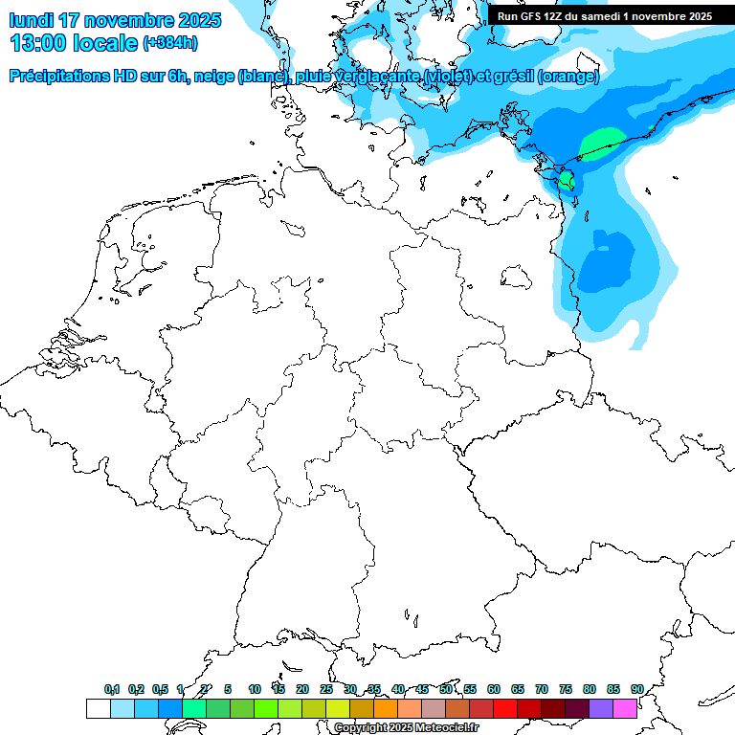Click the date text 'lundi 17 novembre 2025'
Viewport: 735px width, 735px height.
point(115,20)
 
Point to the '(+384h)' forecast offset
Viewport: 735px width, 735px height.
point(170,44)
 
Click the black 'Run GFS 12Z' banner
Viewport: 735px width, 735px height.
point(605,16)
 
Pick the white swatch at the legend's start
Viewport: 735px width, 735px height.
point(98,708)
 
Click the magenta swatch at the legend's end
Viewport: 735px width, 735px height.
point(625,708)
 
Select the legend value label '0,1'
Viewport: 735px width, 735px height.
point(112,690)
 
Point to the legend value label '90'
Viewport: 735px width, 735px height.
point(636,690)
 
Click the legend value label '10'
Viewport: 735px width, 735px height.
point(255,690)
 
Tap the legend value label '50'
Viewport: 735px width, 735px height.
point(446,690)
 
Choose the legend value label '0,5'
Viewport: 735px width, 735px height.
point(160,690)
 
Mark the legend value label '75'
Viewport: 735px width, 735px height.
point(566,690)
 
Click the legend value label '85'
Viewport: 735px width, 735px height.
point(613,690)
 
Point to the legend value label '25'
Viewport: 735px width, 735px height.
point(326,690)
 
